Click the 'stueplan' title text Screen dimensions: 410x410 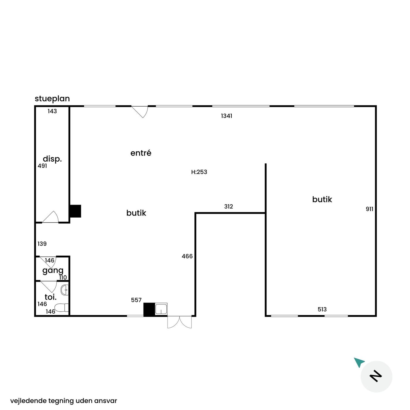52,99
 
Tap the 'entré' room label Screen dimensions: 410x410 141,153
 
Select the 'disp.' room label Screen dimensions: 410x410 52,159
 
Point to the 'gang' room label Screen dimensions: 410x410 53,271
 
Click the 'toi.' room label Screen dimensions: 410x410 51,297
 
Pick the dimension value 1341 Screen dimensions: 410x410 226,116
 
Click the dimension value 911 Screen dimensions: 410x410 370,209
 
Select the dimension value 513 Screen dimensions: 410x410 322,309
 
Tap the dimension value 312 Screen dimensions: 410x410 228,206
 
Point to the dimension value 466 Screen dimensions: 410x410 187,256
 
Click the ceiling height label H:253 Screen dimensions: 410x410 199,172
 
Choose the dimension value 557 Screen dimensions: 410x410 136,300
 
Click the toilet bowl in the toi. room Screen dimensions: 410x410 61,307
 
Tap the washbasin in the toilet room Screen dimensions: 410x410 65,290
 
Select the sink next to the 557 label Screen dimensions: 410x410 161,309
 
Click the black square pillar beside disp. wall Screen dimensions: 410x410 76,211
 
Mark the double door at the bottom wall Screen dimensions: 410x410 180,322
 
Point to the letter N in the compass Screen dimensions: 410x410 376,376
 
